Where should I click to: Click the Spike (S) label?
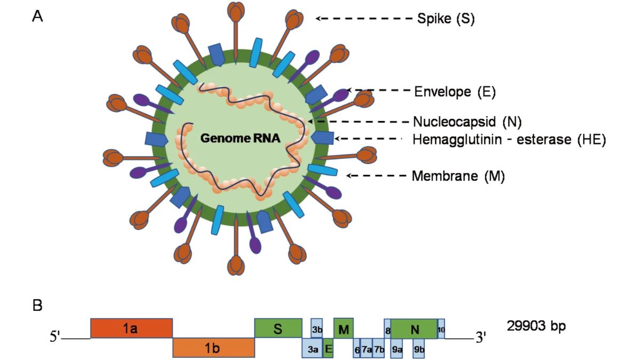click(445, 19)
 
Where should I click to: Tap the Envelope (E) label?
click(455, 92)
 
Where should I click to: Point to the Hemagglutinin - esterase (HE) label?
click(509, 140)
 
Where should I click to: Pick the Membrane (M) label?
click(458, 176)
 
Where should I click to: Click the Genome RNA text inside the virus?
click(241, 139)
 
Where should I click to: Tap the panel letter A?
click(38, 17)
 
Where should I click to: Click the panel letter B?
click(38, 306)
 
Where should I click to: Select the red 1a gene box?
click(131, 329)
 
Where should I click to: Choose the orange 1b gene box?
click(213, 348)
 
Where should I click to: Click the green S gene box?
click(278, 329)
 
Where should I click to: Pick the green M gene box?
click(343, 329)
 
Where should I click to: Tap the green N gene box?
click(414, 329)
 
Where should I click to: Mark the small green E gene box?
click(328, 348)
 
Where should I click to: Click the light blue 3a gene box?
click(313, 349)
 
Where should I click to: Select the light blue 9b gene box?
click(419, 349)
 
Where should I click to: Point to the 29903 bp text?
click(535, 325)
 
